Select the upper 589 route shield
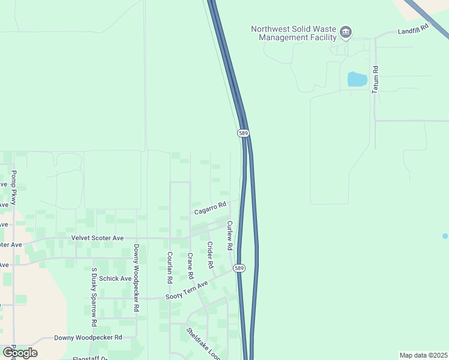[x=243, y=133]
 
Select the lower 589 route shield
[x=239, y=268]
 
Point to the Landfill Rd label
[x=415, y=28]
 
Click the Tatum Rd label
[x=375, y=79]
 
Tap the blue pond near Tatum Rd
[x=357, y=79]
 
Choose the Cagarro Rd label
[x=209, y=208]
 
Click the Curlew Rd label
[x=229, y=235]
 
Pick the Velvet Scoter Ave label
[x=97, y=238]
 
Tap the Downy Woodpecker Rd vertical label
[x=137, y=277]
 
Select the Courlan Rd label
[x=170, y=268]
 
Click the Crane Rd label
[x=190, y=266]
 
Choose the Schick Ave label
[x=115, y=278]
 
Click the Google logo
[x=20, y=352]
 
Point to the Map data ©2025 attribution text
[x=423, y=355]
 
